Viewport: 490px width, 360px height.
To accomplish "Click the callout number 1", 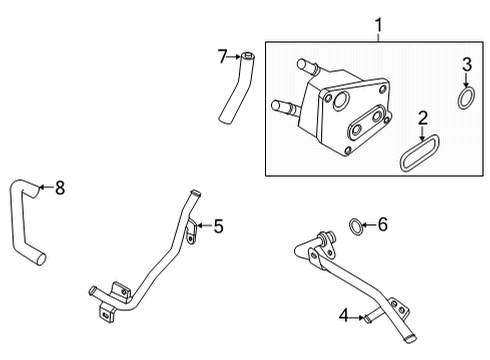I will coord(379,22).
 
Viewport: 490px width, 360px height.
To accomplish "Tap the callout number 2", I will coord(423,119).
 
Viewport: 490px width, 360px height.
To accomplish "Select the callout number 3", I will coord(466,65).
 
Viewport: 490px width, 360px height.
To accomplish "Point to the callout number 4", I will coord(344,317).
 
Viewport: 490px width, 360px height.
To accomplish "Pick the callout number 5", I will coord(218,226).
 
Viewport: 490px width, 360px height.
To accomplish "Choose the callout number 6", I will coord(381,227).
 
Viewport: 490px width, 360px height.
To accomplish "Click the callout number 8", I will coord(59,186).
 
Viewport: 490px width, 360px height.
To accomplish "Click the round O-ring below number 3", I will coord(465,98).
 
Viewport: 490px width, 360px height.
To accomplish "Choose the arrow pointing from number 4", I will coord(359,317).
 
